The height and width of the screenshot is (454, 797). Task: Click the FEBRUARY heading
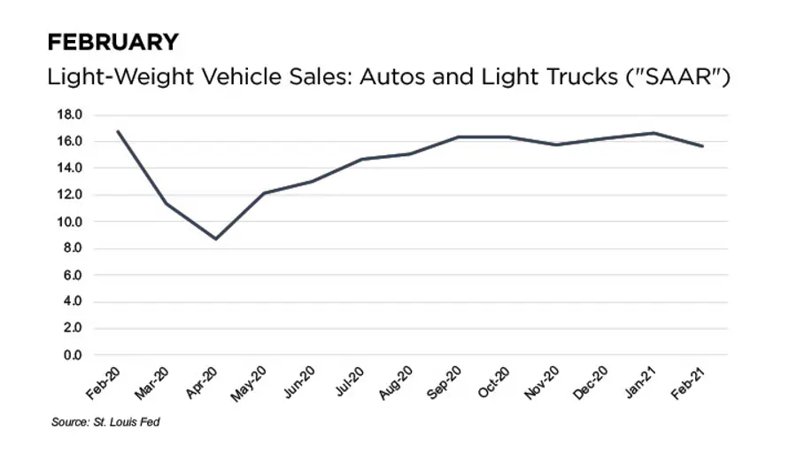point(112,42)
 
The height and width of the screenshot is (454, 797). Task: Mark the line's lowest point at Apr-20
point(215,239)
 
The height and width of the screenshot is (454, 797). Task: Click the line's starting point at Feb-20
point(118,131)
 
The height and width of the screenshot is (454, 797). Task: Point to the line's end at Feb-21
point(703,146)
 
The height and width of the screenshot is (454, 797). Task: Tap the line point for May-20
point(264,193)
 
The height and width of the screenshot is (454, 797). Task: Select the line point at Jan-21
point(654,133)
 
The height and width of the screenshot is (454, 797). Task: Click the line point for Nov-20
point(557,145)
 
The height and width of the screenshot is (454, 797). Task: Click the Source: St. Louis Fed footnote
point(105,422)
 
